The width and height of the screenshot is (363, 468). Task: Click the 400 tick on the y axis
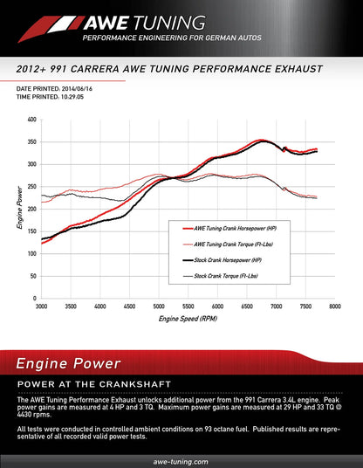pos(31,120)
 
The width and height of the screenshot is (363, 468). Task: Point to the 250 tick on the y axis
pos(31,187)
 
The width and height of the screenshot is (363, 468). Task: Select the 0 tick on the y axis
pos(34,299)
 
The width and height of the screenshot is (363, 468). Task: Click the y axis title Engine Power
pos(19,208)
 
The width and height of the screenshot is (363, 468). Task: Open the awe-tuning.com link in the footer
pos(181,460)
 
